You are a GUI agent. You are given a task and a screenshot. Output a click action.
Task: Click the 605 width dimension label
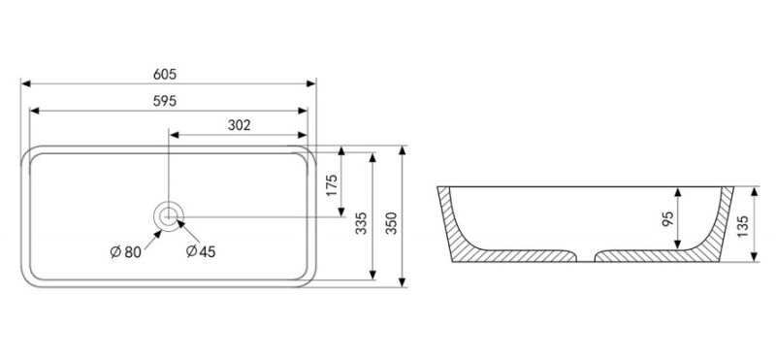click(x=165, y=75)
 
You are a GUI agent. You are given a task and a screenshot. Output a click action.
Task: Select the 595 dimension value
click(x=165, y=101)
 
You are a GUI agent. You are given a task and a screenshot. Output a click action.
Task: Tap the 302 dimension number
click(x=239, y=125)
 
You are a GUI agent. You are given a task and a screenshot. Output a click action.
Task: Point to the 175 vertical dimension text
click(x=332, y=184)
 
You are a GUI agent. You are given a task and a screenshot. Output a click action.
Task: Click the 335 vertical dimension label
click(x=362, y=223)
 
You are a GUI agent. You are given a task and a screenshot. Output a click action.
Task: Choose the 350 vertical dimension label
click(x=392, y=223)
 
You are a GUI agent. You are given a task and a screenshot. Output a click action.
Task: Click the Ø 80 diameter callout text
click(x=126, y=252)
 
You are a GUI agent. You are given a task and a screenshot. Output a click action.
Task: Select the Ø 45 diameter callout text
click(x=201, y=251)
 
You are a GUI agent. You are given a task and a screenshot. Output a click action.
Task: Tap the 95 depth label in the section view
click(x=667, y=218)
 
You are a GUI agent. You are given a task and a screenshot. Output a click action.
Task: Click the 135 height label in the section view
click(x=743, y=226)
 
